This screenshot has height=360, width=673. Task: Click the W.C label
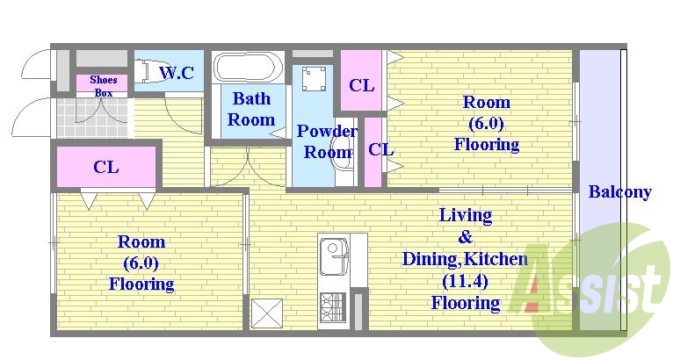pyautogui.click(x=177, y=73)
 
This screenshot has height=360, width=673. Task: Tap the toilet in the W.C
pyautogui.click(x=147, y=71)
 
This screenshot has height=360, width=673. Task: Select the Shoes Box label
pyautogui.click(x=104, y=86)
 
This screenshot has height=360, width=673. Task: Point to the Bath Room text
pyautogui.click(x=251, y=109)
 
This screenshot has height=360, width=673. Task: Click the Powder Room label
pyautogui.click(x=327, y=141)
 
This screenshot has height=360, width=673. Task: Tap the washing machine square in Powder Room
pyautogui.click(x=314, y=78)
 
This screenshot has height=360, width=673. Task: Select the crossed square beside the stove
pyautogui.click(x=267, y=313)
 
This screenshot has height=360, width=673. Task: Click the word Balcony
pyautogui.click(x=619, y=191)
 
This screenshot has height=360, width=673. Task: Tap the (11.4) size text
pyautogui.click(x=466, y=281)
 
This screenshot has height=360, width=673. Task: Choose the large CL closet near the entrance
pyautogui.click(x=106, y=167)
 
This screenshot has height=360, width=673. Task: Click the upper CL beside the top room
pyautogui.click(x=361, y=85)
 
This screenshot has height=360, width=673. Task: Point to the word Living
pyautogui.click(x=466, y=215)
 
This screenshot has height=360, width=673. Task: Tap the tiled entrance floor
pyautogui.click(x=92, y=117)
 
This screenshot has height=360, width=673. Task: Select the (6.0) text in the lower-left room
pyautogui.click(x=141, y=263)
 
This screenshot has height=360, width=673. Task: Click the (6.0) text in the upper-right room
pyautogui.click(x=486, y=124)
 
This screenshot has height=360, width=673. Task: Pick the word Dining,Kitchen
pyautogui.click(x=466, y=259)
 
